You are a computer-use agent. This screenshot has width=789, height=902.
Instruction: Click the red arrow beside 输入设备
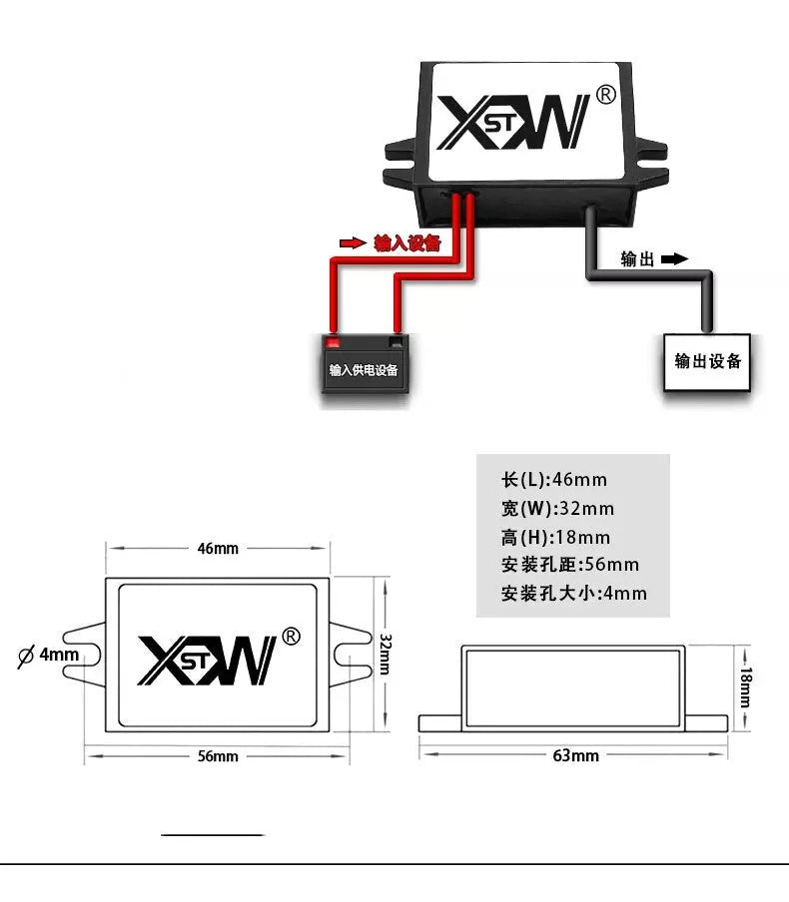(353, 243)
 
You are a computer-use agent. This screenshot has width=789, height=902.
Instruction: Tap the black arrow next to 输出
(674, 258)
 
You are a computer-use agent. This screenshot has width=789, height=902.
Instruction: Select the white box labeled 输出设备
(707, 362)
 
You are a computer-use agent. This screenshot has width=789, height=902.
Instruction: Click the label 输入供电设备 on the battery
(364, 370)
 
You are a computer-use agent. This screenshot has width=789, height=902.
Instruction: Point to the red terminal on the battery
(333, 343)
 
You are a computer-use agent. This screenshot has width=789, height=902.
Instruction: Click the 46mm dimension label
(218, 548)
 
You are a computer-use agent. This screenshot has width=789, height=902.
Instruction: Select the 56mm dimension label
(218, 756)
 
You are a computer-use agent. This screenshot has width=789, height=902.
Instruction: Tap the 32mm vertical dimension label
(386, 655)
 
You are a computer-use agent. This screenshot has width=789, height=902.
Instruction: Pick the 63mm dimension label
(576, 755)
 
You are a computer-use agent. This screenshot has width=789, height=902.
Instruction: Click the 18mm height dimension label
(745, 686)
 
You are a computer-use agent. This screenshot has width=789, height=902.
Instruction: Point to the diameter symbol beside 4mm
(26, 656)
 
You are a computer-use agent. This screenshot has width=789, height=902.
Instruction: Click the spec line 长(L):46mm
(554, 479)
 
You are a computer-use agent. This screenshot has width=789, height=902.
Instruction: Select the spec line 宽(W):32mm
(557, 509)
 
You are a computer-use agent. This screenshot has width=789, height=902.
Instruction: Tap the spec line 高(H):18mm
(555, 537)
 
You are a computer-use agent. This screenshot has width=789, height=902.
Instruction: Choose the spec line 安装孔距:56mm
(570, 565)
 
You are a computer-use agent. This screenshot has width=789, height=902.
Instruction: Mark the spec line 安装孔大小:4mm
(574, 593)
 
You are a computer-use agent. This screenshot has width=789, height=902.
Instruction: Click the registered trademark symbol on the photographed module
(605, 95)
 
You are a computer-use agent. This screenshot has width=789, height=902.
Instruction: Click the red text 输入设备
(407, 243)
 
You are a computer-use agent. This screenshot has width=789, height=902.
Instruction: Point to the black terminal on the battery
(396, 342)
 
